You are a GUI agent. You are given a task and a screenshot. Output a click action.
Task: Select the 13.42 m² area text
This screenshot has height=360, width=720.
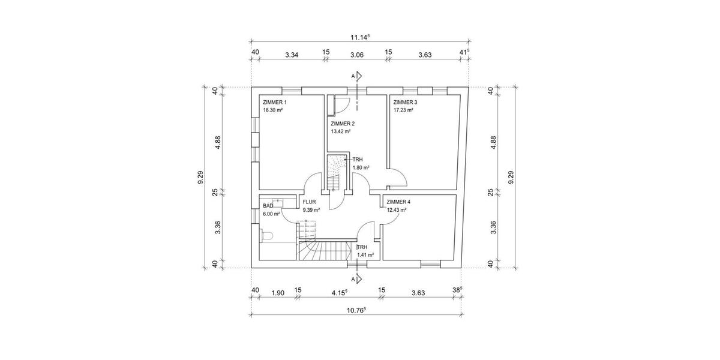click(x=341, y=131)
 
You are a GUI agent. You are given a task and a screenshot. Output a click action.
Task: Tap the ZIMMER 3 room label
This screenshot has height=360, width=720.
click(x=405, y=103)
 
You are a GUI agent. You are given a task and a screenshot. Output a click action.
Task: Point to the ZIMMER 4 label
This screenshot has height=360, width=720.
click(x=399, y=202)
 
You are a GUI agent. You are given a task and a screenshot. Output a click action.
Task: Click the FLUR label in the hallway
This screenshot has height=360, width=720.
click(x=309, y=202)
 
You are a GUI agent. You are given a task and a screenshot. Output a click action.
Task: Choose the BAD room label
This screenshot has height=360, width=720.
click(x=268, y=206)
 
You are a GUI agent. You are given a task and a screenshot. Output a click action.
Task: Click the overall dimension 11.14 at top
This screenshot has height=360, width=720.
click(x=359, y=37)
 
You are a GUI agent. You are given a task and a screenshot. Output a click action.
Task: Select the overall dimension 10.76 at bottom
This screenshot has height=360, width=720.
click(x=357, y=310)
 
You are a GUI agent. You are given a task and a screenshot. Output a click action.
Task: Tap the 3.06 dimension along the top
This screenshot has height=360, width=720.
click(x=356, y=55)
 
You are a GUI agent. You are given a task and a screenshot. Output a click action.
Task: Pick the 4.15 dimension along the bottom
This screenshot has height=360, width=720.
click(x=340, y=293)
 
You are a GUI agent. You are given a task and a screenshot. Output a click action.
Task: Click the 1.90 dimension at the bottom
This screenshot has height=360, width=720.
click(x=277, y=293)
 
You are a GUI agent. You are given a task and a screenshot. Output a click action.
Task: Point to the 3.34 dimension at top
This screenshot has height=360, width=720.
click(x=292, y=55)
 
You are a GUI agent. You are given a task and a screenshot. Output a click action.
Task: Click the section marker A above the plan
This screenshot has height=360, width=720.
click(x=353, y=76)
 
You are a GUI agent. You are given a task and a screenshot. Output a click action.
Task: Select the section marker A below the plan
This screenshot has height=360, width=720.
click(x=353, y=279)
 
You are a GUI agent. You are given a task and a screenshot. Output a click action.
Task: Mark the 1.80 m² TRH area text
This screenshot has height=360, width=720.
click(x=361, y=168)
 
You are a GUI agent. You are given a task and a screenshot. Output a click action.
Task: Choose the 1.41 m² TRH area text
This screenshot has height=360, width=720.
click(x=365, y=255)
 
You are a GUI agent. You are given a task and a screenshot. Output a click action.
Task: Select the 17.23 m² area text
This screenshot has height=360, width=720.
click(x=403, y=110)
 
